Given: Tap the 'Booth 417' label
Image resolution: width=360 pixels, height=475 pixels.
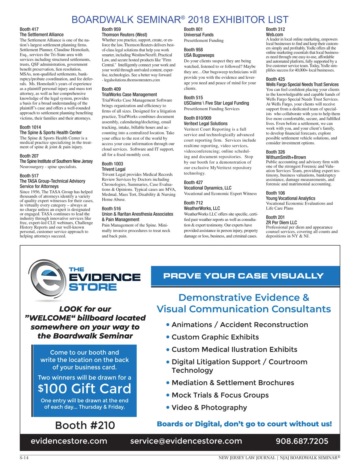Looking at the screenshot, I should [29, 29].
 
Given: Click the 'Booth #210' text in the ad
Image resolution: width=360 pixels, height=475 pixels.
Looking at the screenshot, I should [85, 425].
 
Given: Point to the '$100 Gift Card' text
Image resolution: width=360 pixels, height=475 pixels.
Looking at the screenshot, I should [85, 389].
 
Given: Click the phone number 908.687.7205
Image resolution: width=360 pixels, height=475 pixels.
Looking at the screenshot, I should [302, 441].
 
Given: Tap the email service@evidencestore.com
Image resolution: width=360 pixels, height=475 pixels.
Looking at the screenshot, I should [186, 441].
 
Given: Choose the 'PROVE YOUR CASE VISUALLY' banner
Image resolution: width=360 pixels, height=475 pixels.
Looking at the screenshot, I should [243, 276].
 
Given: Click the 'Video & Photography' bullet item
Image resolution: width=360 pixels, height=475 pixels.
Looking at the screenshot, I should [209, 407].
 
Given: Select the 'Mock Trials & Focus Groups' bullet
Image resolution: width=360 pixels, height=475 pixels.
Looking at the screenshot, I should [220, 395].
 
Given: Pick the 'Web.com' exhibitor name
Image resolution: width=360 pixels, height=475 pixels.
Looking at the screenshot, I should [274, 35].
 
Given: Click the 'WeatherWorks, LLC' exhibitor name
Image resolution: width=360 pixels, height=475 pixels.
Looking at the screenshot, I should [202, 208].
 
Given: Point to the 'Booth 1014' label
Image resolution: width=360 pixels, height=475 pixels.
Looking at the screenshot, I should [30, 127].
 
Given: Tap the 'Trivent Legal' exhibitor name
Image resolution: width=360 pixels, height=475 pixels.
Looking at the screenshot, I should [114, 169].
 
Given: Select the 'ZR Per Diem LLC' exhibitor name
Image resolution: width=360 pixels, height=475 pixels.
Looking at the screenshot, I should [281, 222].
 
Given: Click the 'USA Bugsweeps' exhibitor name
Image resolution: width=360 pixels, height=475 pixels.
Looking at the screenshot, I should [199, 55].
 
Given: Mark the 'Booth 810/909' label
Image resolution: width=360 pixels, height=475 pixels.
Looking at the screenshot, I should [197, 118].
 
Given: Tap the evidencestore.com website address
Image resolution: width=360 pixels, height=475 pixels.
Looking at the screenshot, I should [69, 441].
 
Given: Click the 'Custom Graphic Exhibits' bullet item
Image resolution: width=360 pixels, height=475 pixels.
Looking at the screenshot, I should [215, 337].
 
